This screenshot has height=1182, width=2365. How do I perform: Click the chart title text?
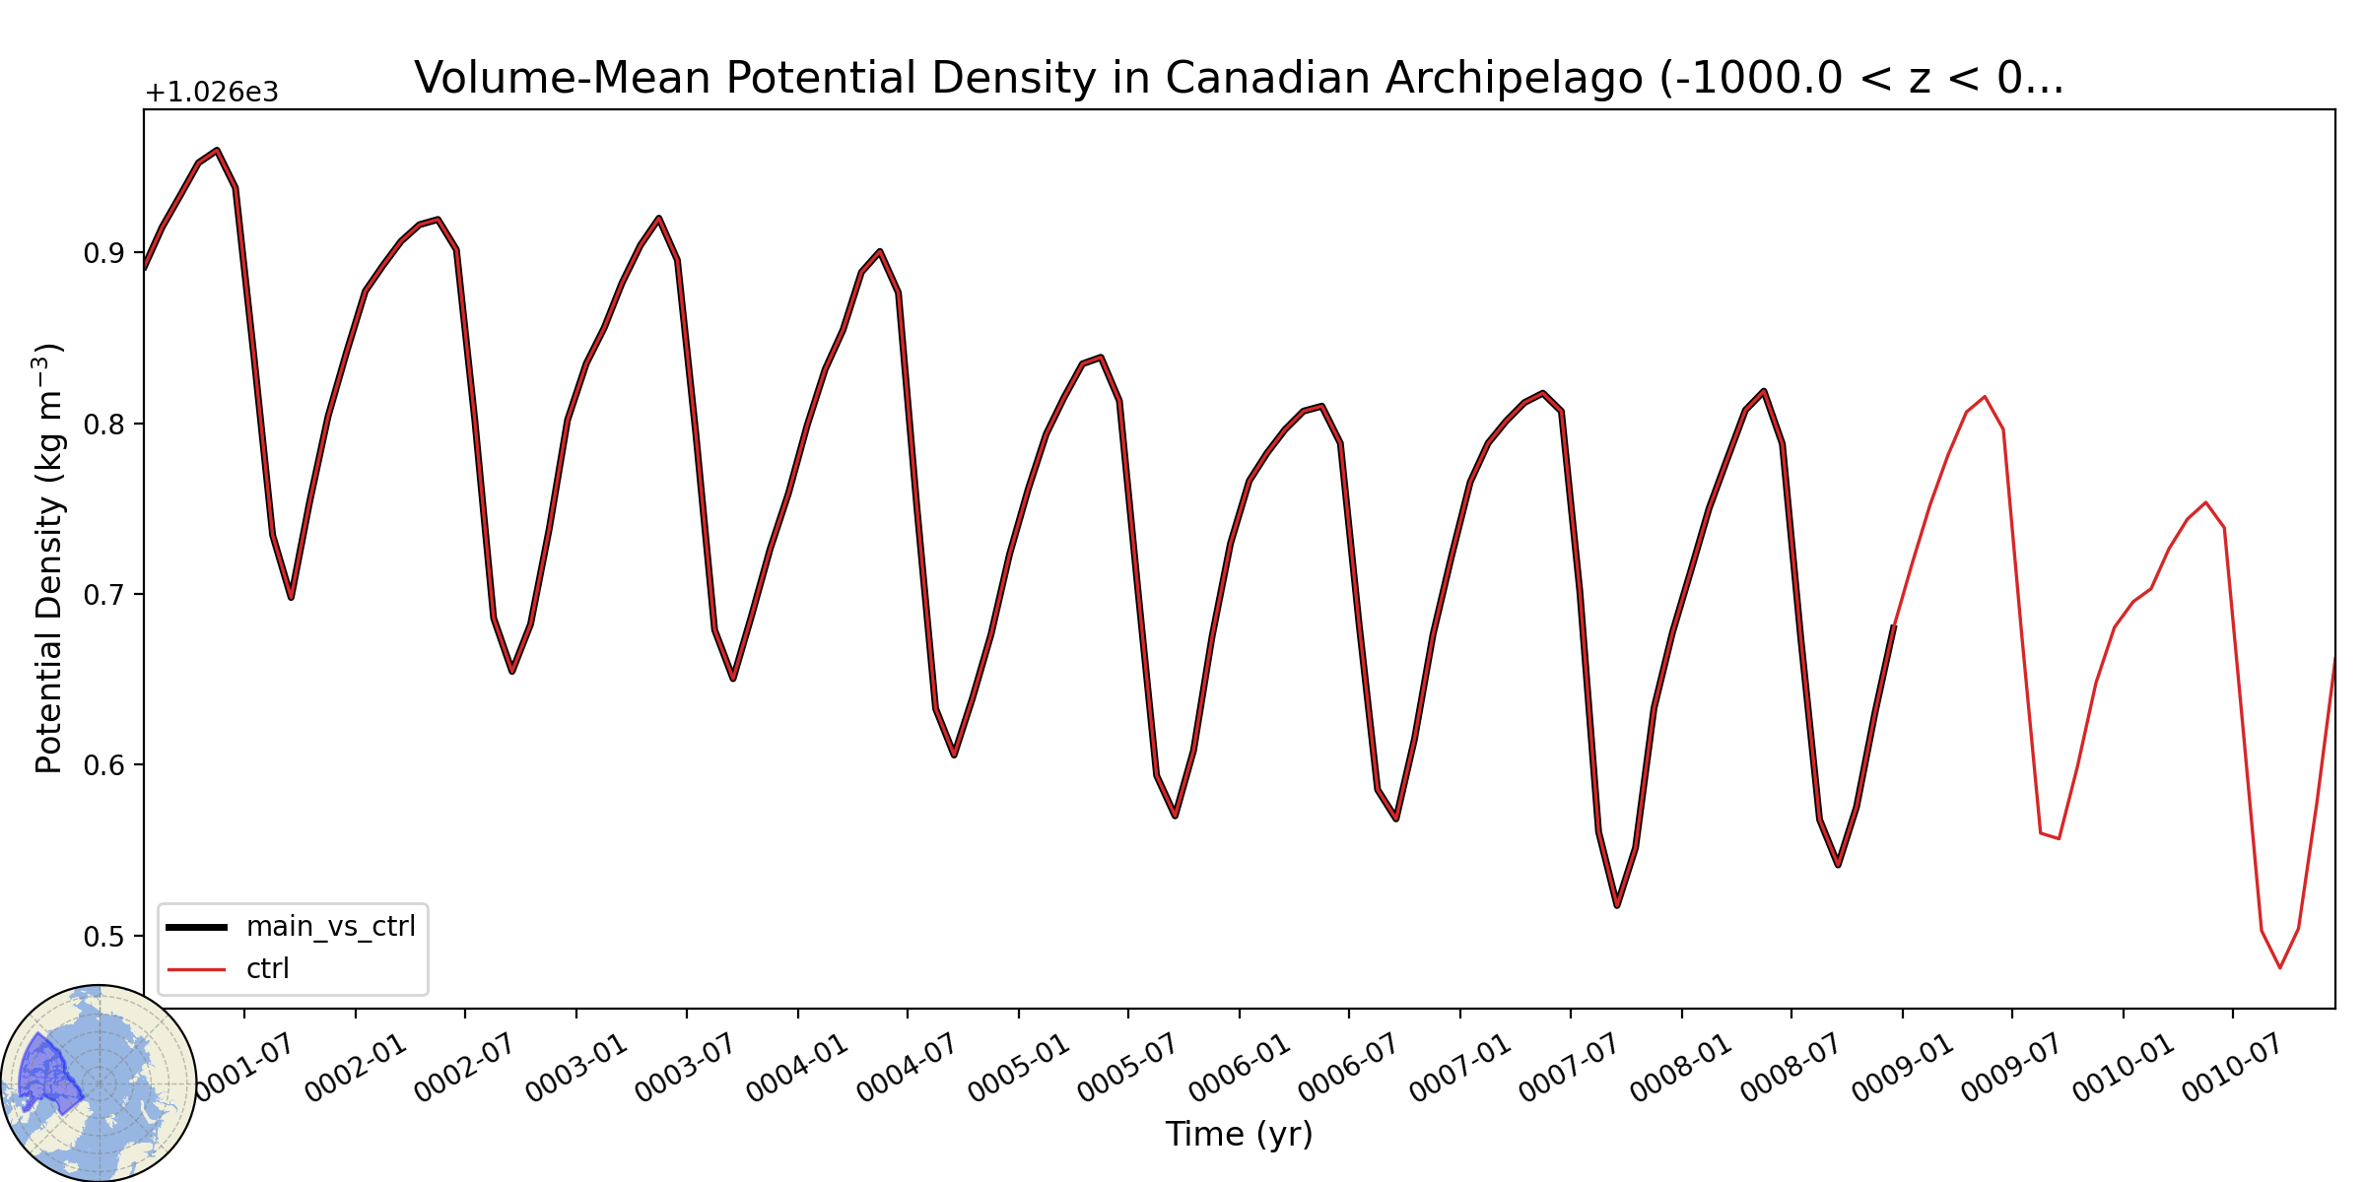coord(1239,78)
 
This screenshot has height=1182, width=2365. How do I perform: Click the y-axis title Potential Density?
coord(48,558)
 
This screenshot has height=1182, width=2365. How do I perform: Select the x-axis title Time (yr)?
coord(1239,1134)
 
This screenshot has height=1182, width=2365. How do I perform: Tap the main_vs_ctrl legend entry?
coord(292,927)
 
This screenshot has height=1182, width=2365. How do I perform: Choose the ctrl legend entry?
coord(229,969)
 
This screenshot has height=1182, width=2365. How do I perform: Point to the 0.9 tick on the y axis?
coord(103,253)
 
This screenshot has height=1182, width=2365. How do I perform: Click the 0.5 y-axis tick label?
coord(103,936)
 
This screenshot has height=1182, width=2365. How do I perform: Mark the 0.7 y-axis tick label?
coord(103,595)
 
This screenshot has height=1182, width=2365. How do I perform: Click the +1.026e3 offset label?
coord(212,93)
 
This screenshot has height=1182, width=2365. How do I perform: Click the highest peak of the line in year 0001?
coord(217,150)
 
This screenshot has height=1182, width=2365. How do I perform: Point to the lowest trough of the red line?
coord(2279,967)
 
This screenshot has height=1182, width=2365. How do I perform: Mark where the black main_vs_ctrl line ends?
coord(1894,625)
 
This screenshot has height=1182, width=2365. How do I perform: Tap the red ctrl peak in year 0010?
coord(2206,502)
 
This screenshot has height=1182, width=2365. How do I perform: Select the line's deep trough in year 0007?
coord(1617,905)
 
